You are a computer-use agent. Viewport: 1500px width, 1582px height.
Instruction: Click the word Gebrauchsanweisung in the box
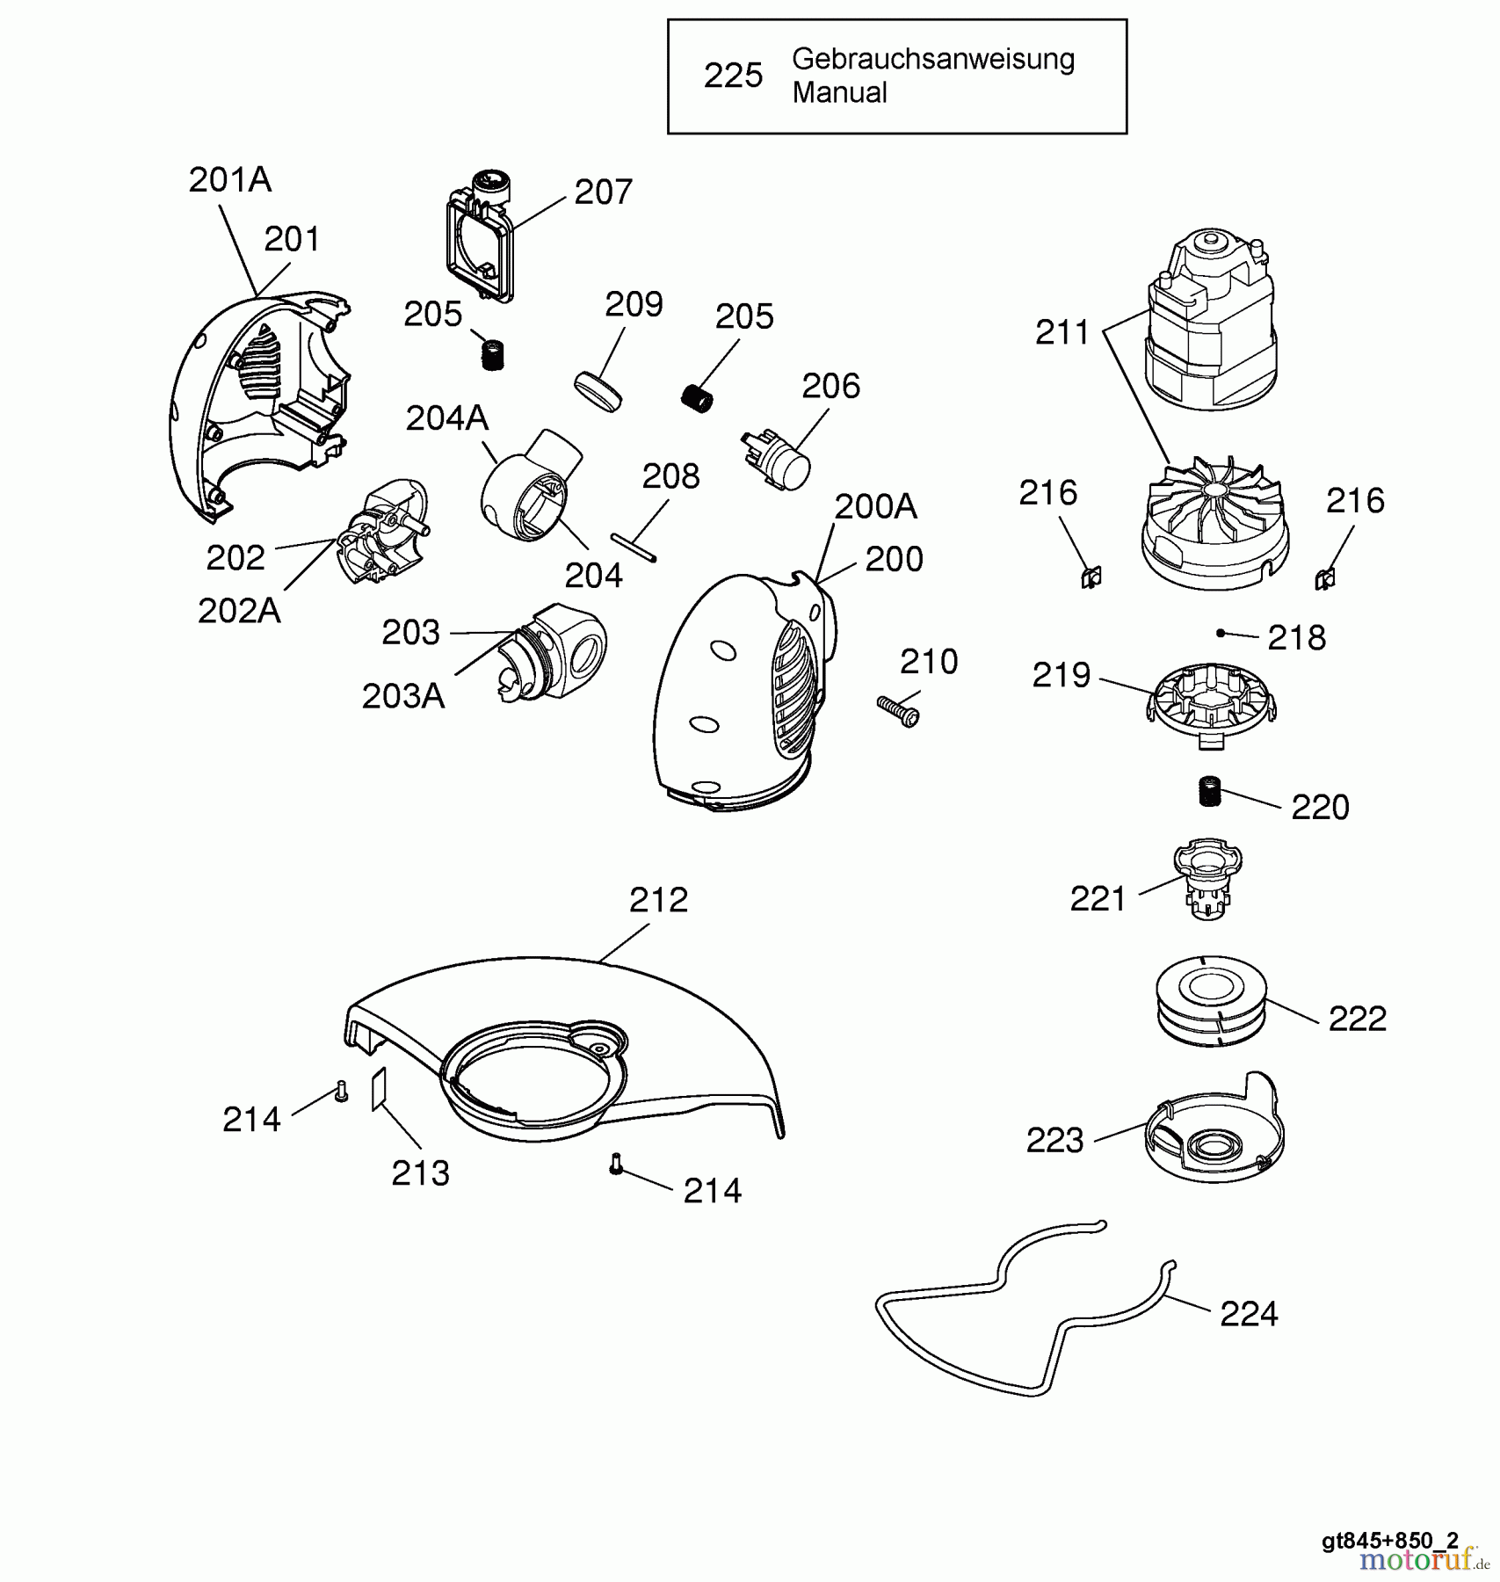(x=932, y=59)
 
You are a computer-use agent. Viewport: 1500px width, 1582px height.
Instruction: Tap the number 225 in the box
(x=733, y=76)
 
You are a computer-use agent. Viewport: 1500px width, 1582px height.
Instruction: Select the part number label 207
(x=603, y=192)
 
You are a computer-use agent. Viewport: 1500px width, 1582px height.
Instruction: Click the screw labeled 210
(x=898, y=710)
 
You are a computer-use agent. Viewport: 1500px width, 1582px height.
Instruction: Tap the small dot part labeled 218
(x=1220, y=633)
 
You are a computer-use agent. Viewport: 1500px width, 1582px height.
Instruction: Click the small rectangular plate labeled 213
(x=379, y=1088)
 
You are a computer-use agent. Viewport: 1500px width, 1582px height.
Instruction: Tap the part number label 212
(x=658, y=900)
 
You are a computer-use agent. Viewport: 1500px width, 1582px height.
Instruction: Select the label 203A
(x=403, y=696)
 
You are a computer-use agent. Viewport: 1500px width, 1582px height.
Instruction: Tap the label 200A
(x=875, y=507)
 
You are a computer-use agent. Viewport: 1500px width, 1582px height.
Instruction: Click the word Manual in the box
(x=839, y=92)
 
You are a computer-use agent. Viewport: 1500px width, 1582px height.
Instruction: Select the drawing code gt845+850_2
(x=1389, y=1540)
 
